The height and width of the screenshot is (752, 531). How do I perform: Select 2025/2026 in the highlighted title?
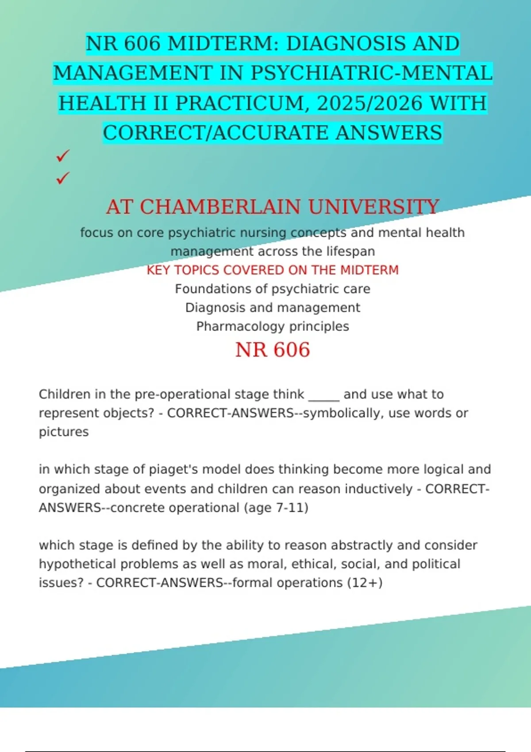pyautogui.click(x=370, y=103)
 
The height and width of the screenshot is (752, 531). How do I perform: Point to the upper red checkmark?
pyautogui.click(x=63, y=156)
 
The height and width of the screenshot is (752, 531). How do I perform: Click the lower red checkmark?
pyautogui.click(x=63, y=178)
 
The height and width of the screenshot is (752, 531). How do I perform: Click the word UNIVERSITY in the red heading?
pyautogui.click(x=373, y=207)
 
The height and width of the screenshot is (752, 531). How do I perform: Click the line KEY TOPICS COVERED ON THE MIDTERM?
pyautogui.click(x=273, y=270)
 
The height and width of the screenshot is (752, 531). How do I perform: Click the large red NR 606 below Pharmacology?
pyautogui.click(x=273, y=349)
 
